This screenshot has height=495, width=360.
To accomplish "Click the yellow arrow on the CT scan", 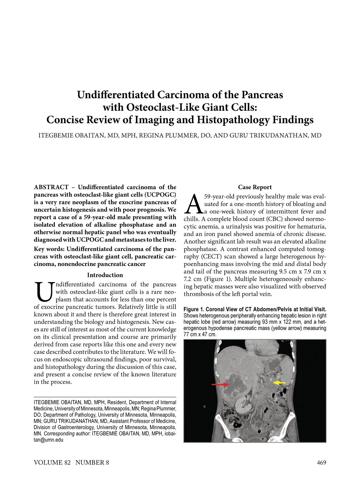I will coord(279,383).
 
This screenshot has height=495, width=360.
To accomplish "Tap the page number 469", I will coord(321,462).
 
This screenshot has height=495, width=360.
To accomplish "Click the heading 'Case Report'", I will coord(255,187).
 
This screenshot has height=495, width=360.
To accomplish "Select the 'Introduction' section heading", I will coord(105,275).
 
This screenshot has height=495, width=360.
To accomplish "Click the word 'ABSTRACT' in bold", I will coord(51,187).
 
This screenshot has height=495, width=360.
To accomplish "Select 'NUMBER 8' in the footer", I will coord(92,462).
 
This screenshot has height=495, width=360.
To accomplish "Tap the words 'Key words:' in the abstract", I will coord(49,249).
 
